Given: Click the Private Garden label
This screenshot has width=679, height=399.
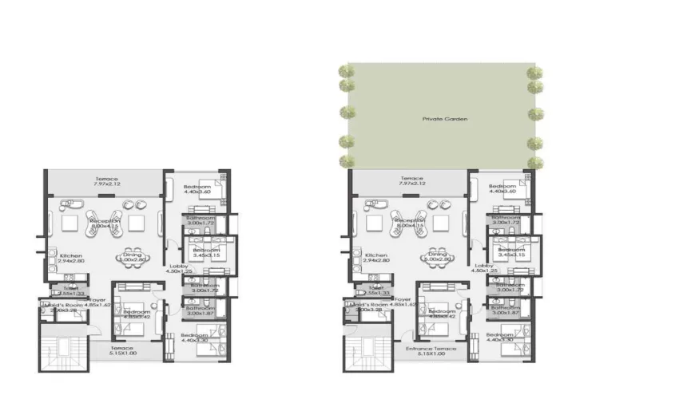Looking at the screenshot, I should pos(446,119).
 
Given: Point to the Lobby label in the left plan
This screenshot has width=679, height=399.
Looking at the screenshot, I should pos(178,267).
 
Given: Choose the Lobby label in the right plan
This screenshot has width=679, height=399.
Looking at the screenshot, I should pos(483,267).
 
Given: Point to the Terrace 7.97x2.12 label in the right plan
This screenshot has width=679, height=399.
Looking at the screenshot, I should pos(412,181).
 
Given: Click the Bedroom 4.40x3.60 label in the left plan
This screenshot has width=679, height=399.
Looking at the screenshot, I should pos(196,188).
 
